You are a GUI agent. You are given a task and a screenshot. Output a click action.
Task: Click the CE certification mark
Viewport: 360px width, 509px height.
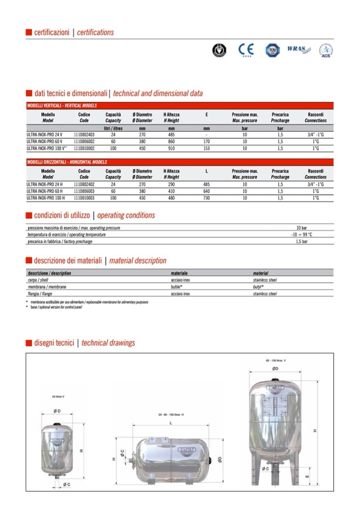[x=246, y=50]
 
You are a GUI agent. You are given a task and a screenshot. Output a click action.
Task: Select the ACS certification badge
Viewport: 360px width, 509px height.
[x=325, y=51]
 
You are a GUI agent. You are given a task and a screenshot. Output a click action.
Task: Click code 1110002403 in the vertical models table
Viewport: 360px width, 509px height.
[x=84, y=135]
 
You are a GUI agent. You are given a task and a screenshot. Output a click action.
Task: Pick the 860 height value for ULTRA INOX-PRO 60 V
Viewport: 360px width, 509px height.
[x=172, y=142]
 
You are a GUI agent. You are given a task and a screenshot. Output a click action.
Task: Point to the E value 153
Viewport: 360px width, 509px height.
[x=207, y=149]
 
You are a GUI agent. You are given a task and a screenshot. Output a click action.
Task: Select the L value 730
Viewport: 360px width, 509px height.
[x=207, y=197]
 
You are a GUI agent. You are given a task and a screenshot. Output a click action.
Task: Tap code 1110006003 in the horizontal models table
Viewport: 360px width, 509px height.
[x=84, y=191]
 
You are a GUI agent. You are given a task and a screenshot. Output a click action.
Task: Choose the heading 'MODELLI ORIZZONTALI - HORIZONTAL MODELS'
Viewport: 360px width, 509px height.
[x=67, y=162]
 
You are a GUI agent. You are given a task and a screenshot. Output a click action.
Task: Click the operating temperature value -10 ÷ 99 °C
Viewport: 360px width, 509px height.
[x=302, y=235]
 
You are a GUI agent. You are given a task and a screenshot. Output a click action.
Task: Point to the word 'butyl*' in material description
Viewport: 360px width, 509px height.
[x=259, y=286]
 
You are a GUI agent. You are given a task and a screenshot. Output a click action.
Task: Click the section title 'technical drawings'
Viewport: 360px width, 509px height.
[x=108, y=343]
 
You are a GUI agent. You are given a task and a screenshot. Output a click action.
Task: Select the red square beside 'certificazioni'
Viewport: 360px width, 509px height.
[x=29, y=33]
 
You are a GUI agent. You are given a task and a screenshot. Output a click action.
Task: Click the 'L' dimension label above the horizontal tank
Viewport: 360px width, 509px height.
[x=170, y=423]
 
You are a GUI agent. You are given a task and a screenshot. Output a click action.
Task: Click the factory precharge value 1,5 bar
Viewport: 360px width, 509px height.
[x=302, y=241]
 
